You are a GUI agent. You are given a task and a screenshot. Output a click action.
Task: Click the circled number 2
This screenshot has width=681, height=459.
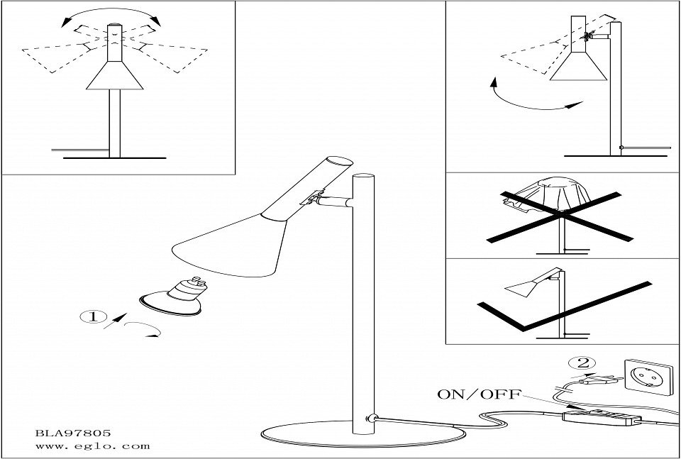pos(584,364)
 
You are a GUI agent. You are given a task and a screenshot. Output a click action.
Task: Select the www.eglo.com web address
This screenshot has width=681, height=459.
pos(92,446)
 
